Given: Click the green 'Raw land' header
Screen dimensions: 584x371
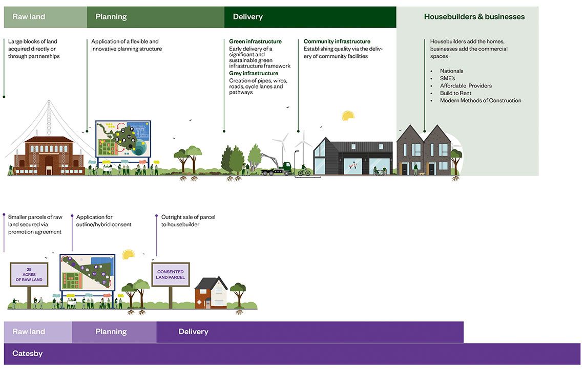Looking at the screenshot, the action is point(45,17).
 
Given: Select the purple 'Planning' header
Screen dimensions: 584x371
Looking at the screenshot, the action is point(114,332).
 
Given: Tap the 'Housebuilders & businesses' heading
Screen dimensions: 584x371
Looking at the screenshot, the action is point(474,17).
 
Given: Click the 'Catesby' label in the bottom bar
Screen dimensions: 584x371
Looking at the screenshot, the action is point(28,354).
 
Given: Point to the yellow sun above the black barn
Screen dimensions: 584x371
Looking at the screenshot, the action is point(347,116).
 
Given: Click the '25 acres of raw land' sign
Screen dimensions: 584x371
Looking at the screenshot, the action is point(29,275).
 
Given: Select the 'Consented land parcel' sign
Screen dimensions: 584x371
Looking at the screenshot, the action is point(170,275).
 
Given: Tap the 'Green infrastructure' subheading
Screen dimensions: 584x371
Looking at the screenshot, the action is point(255,41).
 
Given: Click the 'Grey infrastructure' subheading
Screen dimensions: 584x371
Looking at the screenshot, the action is point(254,73).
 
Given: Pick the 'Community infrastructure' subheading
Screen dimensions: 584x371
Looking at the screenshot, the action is point(337,41).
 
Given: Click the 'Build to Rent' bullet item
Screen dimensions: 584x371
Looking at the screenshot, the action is point(455,93).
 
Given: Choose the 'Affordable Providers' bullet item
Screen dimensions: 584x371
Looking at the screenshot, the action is point(466,85).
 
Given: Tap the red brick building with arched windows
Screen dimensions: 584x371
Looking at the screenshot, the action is point(49,156).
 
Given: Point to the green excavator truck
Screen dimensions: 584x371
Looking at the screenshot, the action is point(276,166).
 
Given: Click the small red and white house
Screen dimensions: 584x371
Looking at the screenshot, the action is point(211,293).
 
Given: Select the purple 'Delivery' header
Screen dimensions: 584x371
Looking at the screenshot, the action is point(310,332).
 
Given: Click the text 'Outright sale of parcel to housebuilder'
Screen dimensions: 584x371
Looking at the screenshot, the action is point(188,221).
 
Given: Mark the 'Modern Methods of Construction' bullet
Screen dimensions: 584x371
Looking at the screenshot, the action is point(481,100).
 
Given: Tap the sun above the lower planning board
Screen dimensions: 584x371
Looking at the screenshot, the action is point(128,254).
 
